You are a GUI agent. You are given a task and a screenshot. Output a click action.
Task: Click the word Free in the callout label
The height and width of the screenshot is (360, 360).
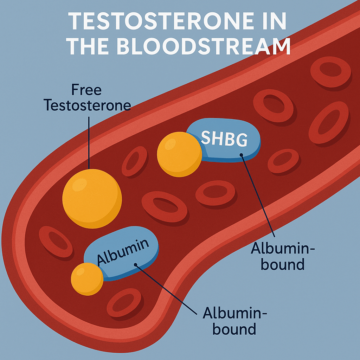pos(86,90)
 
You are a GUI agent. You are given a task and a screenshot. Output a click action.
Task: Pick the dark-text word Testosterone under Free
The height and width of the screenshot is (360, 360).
pos(87,105)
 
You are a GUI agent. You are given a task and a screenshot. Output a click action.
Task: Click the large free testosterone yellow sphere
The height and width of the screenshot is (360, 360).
pos(92,199)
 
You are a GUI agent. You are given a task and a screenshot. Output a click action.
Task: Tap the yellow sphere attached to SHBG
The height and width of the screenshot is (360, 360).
pos(179,154)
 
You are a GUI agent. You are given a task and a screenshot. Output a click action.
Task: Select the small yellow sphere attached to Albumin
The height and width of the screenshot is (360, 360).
pos(87,279)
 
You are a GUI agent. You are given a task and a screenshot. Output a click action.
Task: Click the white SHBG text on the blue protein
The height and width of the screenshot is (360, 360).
pos(224,139)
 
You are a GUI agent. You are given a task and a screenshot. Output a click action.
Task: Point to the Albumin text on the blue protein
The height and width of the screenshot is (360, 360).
pos(123,252)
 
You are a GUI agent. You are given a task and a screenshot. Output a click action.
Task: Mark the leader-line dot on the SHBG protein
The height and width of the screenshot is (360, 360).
pos(241,155)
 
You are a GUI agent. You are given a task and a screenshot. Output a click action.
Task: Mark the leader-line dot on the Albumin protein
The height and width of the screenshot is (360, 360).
pos(135,265)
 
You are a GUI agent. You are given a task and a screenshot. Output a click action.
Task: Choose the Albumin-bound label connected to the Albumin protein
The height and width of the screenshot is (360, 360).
pos(234,321)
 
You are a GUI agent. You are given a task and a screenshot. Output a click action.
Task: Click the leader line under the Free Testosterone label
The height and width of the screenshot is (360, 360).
pos(89,143)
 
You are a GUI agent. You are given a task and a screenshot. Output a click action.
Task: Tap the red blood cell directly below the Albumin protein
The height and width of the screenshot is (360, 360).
pos(124,302)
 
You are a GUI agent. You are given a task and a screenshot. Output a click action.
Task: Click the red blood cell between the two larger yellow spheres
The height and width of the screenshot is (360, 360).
pos(134,161)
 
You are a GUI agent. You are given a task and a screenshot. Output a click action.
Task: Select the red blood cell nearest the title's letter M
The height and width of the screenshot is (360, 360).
pos(330,72)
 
